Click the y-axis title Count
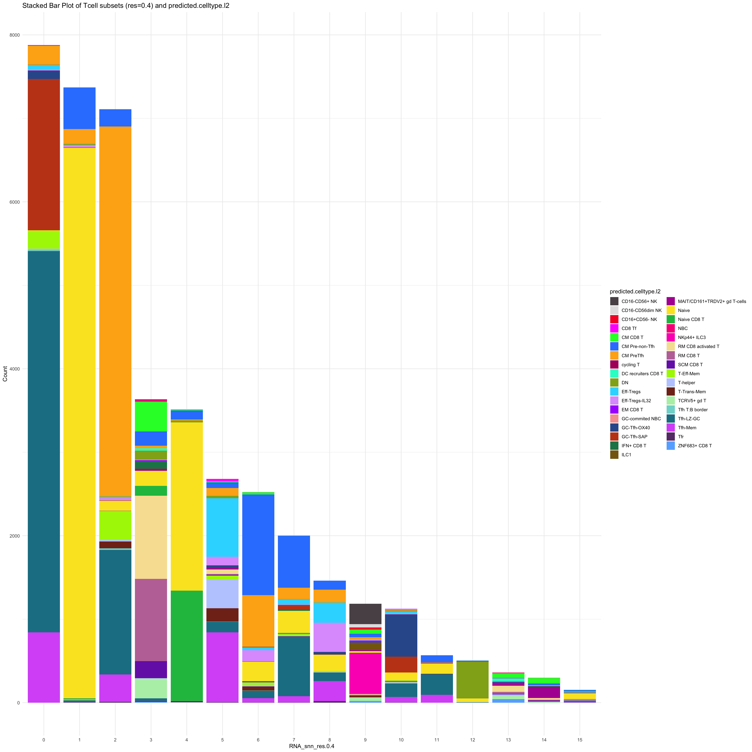pyautogui.click(x=5, y=374)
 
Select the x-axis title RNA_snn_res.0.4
pyautogui.click(x=311, y=746)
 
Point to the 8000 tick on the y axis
pyautogui.click(x=14, y=35)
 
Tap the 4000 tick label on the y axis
pyautogui.click(x=14, y=369)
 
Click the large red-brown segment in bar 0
pyautogui.click(x=44, y=155)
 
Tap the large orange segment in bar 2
pyautogui.click(x=115, y=311)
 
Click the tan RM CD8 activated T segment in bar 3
pyautogui.click(x=151, y=537)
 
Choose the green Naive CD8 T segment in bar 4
pyautogui.click(x=187, y=646)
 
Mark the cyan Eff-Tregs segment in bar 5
pyautogui.click(x=222, y=527)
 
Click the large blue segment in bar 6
pyautogui.click(x=258, y=545)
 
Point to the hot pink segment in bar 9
pyautogui.click(x=365, y=674)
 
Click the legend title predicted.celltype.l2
pyautogui.click(x=635, y=292)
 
